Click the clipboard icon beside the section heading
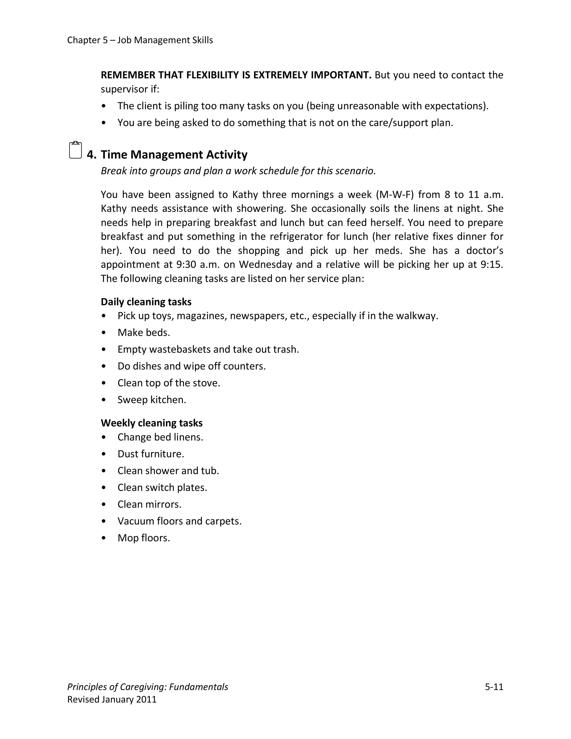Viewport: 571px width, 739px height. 76,150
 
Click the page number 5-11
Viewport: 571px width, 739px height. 494,687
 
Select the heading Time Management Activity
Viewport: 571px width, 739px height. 174,155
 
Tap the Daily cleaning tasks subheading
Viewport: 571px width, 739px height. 146,301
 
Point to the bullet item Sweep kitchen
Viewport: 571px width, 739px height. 152,400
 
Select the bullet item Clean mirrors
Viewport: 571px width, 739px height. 149,504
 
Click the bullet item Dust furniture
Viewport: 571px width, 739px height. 151,454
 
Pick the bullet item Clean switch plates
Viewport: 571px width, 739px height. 162,487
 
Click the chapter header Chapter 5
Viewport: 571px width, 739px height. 87,40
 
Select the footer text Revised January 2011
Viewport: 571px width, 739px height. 112,699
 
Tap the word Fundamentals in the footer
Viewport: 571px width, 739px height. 199,687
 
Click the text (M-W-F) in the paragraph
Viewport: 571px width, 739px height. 395,195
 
